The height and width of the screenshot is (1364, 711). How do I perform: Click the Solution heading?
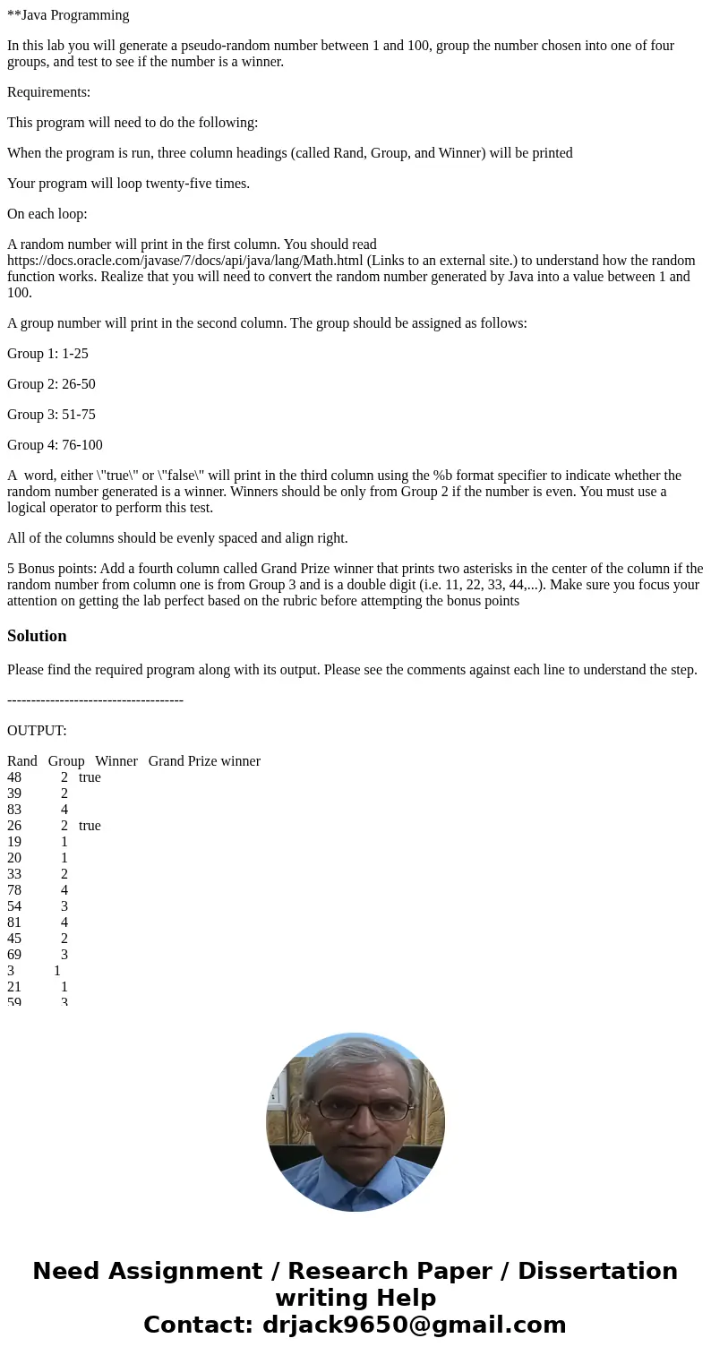pos(37,636)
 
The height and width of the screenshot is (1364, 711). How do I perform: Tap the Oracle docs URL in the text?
pos(184,261)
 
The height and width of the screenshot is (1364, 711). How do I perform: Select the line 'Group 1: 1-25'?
pos(47,354)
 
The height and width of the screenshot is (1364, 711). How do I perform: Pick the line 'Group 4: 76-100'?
pos(55,445)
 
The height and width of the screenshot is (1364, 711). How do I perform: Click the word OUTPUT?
pos(37,731)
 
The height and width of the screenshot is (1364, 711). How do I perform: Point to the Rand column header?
pos(22,761)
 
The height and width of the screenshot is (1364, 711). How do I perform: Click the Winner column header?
pos(116,761)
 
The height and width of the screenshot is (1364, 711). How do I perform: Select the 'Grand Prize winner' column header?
pos(204,761)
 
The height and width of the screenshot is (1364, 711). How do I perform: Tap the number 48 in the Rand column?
pos(14,777)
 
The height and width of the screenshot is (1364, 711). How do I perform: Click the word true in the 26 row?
pos(90,826)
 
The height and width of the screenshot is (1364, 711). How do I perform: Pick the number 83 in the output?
pos(14,810)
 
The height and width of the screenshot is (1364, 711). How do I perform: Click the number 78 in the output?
pos(14,890)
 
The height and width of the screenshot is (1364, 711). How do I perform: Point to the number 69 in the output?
pos(14,955)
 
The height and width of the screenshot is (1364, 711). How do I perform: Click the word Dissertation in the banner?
pos(597,1272)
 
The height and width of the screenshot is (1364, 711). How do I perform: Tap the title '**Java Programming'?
pos(68,15)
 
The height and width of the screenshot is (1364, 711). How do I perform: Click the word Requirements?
pos(48,92)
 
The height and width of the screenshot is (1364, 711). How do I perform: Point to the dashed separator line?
pos(95,700)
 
